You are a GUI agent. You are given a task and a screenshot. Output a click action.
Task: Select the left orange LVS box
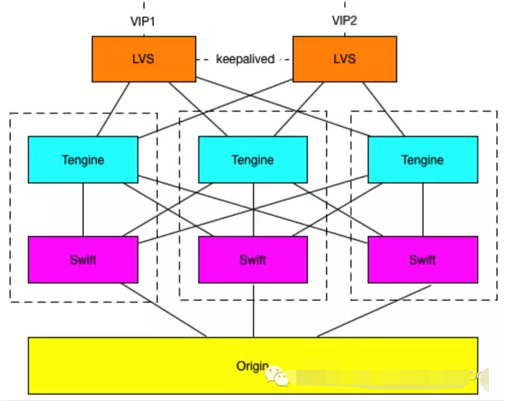click(x=143, y=59)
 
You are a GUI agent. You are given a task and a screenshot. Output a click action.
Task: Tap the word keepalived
click(x=244, y=59)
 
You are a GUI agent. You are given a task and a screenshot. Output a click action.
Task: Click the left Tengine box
click(x=83, y=159)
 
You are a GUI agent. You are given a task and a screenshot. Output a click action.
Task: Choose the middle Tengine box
click(x=253, y=159)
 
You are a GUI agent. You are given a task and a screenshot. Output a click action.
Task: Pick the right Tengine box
click(x=422, y=159)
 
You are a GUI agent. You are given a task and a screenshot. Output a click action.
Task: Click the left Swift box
click(x=83, y=260)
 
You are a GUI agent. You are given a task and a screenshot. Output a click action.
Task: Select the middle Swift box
click(x=253, y=260)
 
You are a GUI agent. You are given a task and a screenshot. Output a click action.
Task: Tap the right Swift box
click(x=422, y=260)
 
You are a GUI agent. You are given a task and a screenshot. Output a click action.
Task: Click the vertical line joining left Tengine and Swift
click(x=83, y=210)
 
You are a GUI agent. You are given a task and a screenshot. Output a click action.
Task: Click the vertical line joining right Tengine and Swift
click(x=422, y=210)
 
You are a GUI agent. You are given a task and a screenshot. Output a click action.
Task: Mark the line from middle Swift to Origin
click(x=253, y=310)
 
